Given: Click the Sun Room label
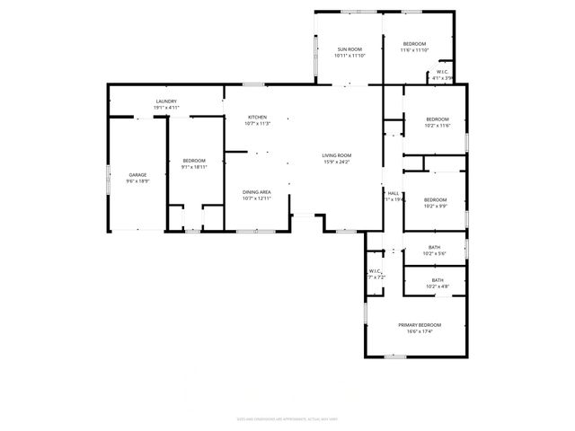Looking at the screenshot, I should pos(349,48).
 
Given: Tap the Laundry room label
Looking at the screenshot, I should pos(166,101).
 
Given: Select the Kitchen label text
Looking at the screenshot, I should pos(258,118).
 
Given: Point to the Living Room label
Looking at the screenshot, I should pos(337,156).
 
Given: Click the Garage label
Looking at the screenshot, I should pos(137,175).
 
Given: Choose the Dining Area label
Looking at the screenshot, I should pos(257,192).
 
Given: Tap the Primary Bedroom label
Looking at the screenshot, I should pos(420,325).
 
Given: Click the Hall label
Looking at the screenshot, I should pos(394,194).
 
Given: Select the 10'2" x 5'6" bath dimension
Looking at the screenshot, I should pos(434,254).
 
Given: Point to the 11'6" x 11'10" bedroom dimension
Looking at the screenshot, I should pos(414,50).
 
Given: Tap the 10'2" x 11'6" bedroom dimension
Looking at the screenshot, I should pos(437,126).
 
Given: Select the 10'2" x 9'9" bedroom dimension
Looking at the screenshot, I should pos(435,207).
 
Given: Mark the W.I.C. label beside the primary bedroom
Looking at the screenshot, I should pos(376,272).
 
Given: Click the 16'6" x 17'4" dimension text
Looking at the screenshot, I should pos(420,331).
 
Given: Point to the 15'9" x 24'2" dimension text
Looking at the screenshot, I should pos(337,163).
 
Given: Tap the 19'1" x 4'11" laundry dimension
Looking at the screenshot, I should pos(166,108).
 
